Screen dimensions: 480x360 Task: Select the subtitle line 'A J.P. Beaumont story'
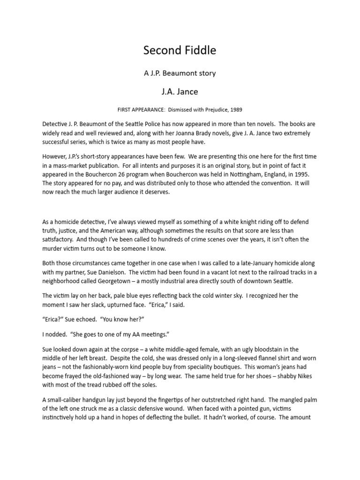(x=180, y=73)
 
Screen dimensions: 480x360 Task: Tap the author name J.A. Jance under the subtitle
(x=180, y=91)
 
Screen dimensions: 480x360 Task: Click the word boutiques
(x=236, y=367)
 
